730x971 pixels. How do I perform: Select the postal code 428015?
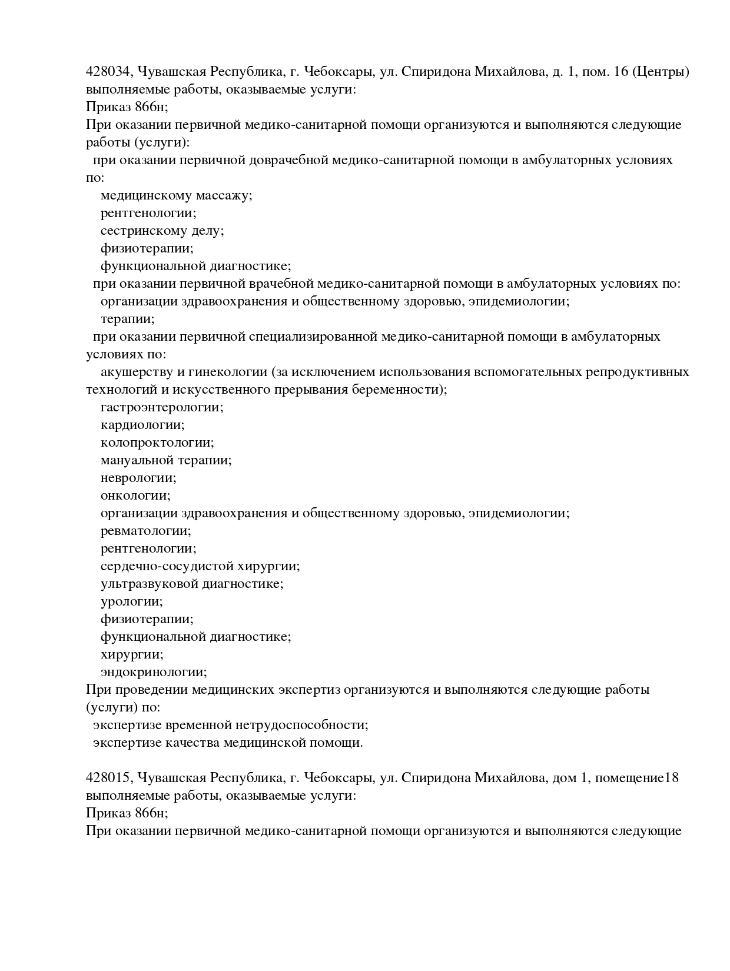pyautogui.click(x=109, y=778)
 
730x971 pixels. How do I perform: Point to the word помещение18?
pyautogui.click(x=637, y=778)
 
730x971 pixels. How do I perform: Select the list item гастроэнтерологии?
pyautogui.click(x=162, y=407)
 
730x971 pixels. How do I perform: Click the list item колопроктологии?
pyautogui.click(x=157, y=443)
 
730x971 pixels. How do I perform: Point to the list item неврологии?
pyautogui.click(x=138, y=478)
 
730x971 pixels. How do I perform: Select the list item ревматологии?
pyautogui.click(x=146, y=531)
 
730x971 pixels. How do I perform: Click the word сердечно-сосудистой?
pyautogui.click(x=167, y=566)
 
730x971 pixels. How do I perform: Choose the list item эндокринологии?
pyautogui.click(x=154, y=672)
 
